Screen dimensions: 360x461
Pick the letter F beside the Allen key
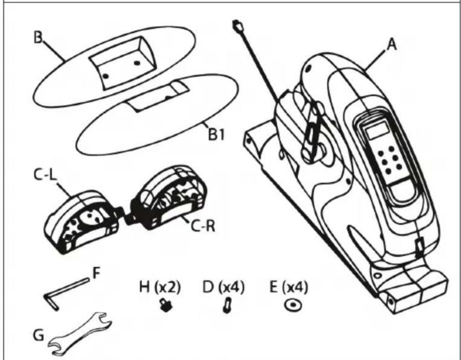(x=97, y=275)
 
